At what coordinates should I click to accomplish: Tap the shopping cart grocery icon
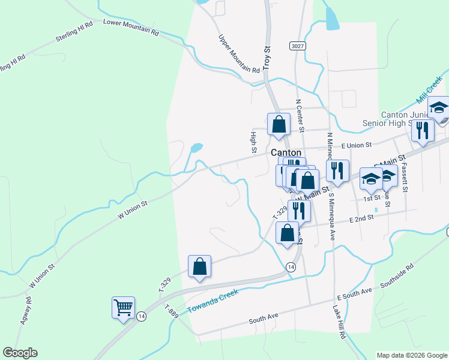(x=123, y=308)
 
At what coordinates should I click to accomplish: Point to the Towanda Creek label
(x=212, y=299)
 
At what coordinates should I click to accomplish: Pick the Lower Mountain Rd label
(x=131, y=27)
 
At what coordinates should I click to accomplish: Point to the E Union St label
(x=357, y=145)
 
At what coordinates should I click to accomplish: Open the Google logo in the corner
(x=20, y=353)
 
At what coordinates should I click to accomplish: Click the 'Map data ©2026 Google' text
(x=411, y=355)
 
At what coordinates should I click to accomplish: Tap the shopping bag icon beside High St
(x=279, y=124)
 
